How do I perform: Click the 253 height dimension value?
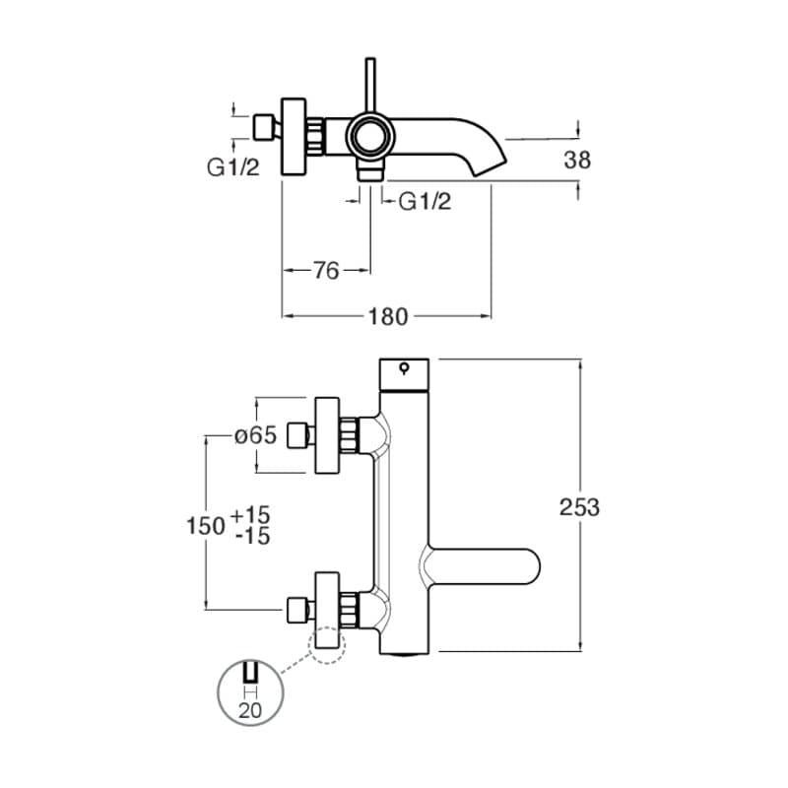coord(579,507)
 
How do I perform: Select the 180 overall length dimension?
coord(387,316)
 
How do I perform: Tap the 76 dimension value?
coord(326,270)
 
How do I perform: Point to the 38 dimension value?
coord(578,160)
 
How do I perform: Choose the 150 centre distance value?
coord(205,525)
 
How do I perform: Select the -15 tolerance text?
coord(253,536)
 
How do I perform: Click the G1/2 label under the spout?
coord(425,202)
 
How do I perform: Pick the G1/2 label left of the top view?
coord(232,166)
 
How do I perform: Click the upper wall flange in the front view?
coord(328,435)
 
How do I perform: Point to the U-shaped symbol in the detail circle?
coord(249,676)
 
